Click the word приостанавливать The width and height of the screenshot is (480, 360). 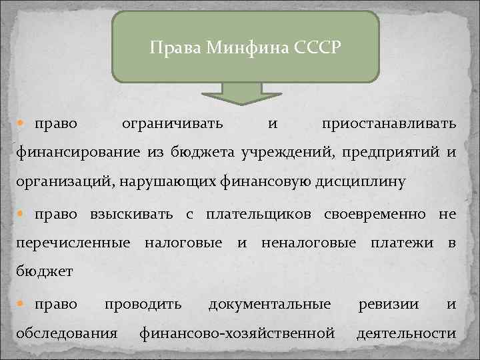tap(389, 124)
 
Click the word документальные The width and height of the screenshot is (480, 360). tap(269, 304)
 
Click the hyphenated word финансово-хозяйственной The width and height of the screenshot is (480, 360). tap(237, 333)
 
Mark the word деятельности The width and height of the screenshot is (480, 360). tap(406, 333)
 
